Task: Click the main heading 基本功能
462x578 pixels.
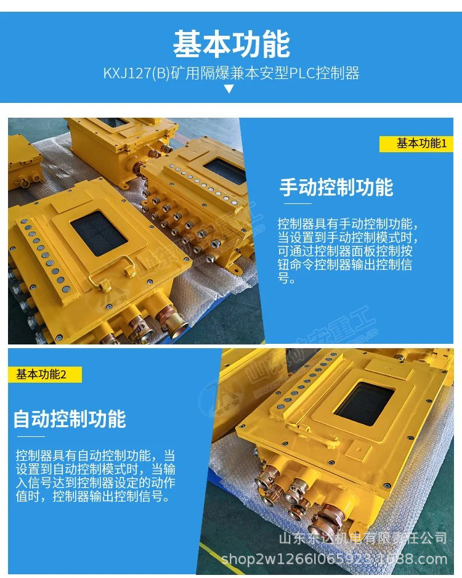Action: coord(231,44)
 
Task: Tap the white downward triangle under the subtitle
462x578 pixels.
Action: coord(229,89)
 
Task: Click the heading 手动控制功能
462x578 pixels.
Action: coord(336,187)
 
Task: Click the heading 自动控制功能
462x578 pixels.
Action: coord(70,419)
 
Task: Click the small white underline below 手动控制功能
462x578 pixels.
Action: coord(297,203)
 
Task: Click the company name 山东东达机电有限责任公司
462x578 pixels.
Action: coord(363,539)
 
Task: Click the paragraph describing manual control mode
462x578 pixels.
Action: coord(348,250)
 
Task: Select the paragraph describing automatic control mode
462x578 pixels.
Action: coord(95,476)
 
